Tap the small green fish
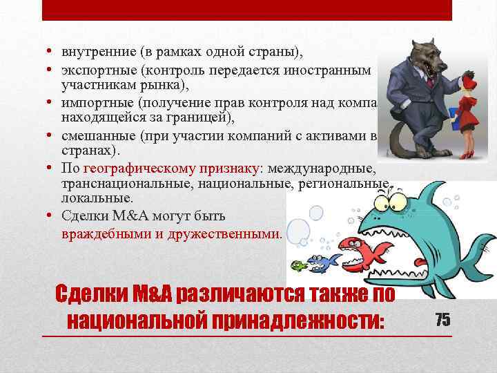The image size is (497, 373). tap(298, 265)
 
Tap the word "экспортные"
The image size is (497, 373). tap(92, 70)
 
